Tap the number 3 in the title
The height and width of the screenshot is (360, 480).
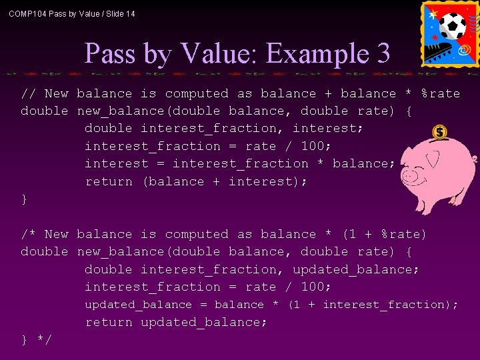(x=383, y=53)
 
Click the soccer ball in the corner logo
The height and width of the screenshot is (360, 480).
(x=453, y=26)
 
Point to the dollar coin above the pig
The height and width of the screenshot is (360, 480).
(x=439, y=133)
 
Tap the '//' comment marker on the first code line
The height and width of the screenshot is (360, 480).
(x=29, y=94)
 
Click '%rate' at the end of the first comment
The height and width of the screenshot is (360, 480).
(x=440, y=94)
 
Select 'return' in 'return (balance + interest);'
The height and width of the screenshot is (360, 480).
(x=109, y=181)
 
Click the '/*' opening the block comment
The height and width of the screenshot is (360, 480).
(x=29, y=235)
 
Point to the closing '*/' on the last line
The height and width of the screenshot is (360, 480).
(x=44, y=340)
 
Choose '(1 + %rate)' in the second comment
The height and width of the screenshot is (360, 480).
(x=384, y=235)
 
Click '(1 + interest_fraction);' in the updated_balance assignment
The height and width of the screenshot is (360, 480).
(x=373, y=305)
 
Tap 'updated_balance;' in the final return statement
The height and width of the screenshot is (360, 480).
(x=204, y=323)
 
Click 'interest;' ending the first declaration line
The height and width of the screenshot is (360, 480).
(x=325, y=129)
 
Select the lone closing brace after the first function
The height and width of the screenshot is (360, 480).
(x=25, y=199)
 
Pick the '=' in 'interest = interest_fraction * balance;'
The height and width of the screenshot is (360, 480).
(x=161, y=164)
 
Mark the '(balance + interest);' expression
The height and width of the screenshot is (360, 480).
(x=225, y=181)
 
